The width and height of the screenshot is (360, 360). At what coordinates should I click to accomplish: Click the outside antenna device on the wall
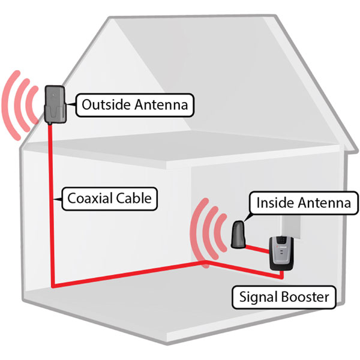pos(55,104)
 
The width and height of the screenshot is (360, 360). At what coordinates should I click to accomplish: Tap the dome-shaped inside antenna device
pos(238,235)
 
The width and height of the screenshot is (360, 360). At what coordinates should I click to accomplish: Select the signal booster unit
pos(282,253)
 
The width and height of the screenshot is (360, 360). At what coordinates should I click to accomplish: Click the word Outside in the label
pos(106,104)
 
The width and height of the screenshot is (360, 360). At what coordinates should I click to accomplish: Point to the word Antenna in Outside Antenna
pos(161,104)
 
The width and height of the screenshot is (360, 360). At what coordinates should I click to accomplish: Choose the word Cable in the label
pos(134,198)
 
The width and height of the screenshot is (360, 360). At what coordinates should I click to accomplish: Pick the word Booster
pos(305,297)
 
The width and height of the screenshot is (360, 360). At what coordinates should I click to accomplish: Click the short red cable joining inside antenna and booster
pos(257,250)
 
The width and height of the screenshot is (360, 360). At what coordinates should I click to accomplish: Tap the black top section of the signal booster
pos(283,241)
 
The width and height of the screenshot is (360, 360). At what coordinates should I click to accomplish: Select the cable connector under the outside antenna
pos(50,124)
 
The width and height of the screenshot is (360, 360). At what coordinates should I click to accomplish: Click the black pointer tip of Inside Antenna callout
pos(244,221)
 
